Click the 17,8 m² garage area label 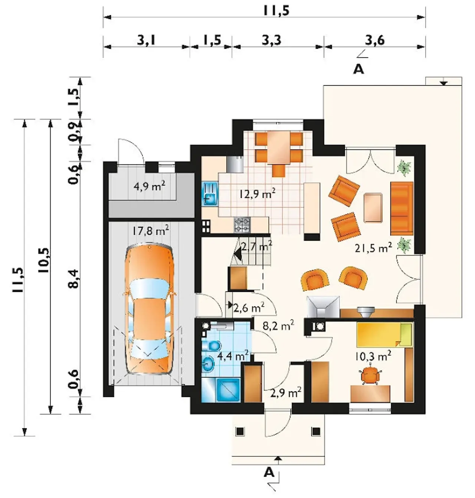click(x=150, y=231)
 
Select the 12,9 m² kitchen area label click(x=257, y=195)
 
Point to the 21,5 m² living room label click(x=373, y=248)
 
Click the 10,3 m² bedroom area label click(x=373, y=357)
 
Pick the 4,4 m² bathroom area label click(x=232, y=357)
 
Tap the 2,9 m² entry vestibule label click(x=286, y=393)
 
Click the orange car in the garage click(x=150, y=310)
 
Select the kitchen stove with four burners click(x=242, y=225)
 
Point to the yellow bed click(x=384, y=335)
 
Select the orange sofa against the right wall click(x=402, y=208)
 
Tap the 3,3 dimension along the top click(x=271, y=40)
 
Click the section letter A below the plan click(x=269, y=472)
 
